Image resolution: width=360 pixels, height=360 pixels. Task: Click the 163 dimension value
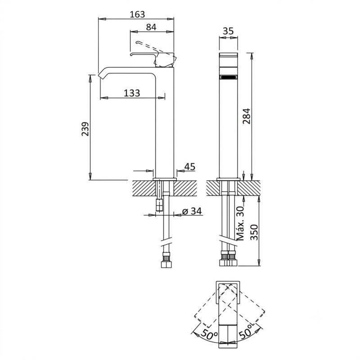tap(137, 14)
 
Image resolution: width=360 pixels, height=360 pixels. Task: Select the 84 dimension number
tap(151, 27)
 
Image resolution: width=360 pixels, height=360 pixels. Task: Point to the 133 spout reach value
tap(132, 93)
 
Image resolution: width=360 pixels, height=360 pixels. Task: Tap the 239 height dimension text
tap(85, 129)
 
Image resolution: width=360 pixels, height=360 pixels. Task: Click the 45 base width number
tap(190, 166)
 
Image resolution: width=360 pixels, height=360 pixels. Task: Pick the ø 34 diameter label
tap(192, 211)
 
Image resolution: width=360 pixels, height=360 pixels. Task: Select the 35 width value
tap(228, 31)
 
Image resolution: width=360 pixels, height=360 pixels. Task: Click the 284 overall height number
tap(247, 116)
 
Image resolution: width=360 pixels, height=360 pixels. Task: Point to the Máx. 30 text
tap(240, 223)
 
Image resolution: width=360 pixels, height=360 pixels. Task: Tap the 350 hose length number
tap(254, 232)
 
